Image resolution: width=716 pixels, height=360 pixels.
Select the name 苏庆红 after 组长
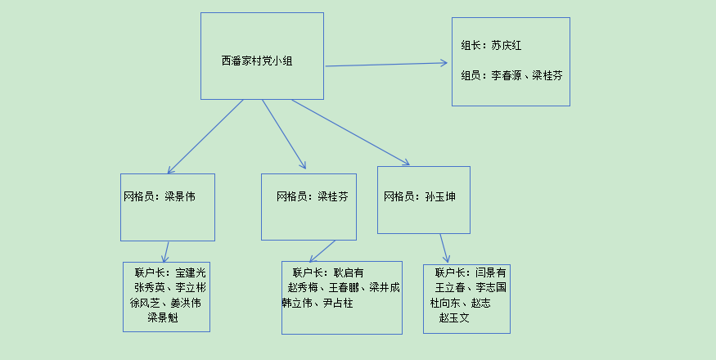pyautogui.click(x=507, y=46)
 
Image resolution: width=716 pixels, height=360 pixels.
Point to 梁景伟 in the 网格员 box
pyautogui.click(x=180, y=196)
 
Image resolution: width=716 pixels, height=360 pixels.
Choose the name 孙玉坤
pyautogui.click(x=440, y=196)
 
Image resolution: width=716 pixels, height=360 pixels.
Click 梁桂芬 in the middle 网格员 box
pyautogui.click(x=333, y=196)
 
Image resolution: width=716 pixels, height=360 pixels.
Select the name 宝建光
pyautogui.click(x=191, y=272)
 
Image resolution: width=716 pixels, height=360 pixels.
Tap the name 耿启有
pyautogui.click(x=348, y=272)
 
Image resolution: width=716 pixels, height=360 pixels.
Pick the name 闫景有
pyautogui.click(x=491, y=272)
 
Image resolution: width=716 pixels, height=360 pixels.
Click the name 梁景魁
pyautogui.click(x=162, y=317)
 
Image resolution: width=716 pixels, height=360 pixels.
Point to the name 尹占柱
pyautogui.click(x=338, y=303)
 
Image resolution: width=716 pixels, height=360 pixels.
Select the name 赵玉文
pyautogui.click(x=454, y=317)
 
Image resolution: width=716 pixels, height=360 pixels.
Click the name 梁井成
pyautogui.click(x=385, y=288)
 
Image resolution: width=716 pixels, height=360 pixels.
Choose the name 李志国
pyautogui.click(x=491, y=288)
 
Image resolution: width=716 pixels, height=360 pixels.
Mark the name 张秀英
pyautogui.click(x=150, y=288)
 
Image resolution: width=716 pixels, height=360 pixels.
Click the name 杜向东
pyautogui.click(x=446, y=303)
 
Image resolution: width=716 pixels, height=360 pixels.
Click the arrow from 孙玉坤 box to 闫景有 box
pyautogui.click(x=444, y=248)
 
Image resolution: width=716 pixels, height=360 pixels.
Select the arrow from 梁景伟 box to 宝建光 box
pyautogui.click(x=166, y=251)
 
